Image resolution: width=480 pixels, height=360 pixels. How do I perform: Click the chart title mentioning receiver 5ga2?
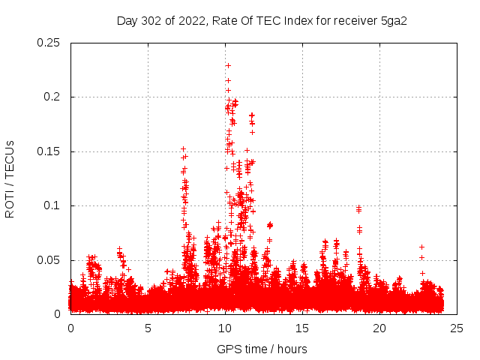[266, 20]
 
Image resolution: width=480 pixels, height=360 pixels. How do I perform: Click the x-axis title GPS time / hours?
[262, 349]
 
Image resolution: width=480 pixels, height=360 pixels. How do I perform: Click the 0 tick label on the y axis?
[58, 314]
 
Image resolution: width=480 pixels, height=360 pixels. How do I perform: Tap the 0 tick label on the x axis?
[70, 328]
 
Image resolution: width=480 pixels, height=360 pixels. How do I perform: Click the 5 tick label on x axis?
[148, 328]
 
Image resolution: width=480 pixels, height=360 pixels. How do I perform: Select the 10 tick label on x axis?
[225, 328]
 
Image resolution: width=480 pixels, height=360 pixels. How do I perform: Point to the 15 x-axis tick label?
[302, 328]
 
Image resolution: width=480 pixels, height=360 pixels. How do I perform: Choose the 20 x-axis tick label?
[379, 328]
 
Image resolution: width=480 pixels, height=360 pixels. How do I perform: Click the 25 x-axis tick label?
[457, 328]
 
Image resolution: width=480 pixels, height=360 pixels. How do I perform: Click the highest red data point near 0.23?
[228, 65]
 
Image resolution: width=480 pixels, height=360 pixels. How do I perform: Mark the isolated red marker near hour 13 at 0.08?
[270, 224]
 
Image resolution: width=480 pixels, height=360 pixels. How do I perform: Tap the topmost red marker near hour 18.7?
[358, 208]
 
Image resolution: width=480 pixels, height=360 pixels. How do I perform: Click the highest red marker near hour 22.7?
[421, 247]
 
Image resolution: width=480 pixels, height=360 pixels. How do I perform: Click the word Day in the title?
[127, 20]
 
